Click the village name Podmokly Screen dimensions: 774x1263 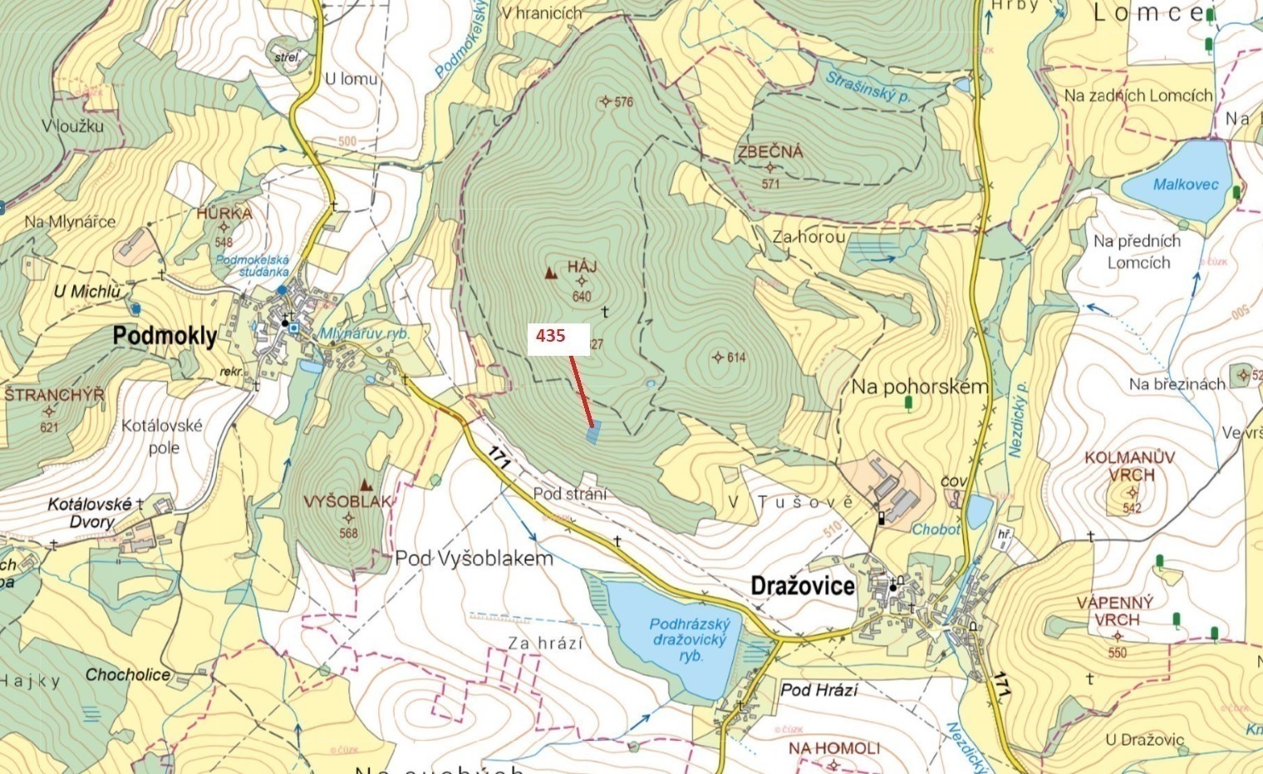[165, 337]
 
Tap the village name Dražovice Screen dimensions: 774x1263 [802, 586]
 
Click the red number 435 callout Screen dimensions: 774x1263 [551, 336]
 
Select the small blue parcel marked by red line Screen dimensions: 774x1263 [592, 433]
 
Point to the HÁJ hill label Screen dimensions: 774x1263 [582, 267]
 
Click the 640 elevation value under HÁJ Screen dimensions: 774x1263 [582, 297]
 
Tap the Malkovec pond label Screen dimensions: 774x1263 [1185, 185]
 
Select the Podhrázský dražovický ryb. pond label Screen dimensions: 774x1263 [689, 639]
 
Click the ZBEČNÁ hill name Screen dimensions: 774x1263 [770, 152]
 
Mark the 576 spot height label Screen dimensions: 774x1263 [623, 102]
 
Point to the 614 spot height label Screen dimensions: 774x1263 [735, 357]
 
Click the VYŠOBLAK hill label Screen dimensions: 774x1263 [347, 502]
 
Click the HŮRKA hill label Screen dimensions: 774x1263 [224, 213]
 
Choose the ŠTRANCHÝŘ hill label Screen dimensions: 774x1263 [54, 395]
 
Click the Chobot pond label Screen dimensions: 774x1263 [936, 530]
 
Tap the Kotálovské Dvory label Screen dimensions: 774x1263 [90, 513]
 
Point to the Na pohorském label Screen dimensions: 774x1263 [919, 387]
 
